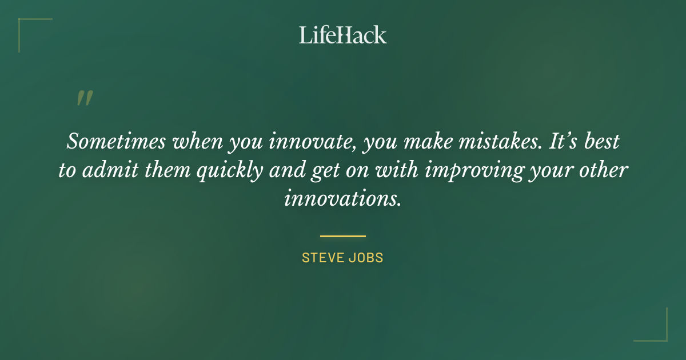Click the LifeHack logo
tap(343, 35)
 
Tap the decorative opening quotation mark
tap(84, 99)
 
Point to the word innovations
tap(343, 199)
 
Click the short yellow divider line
tap(343, 235)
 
